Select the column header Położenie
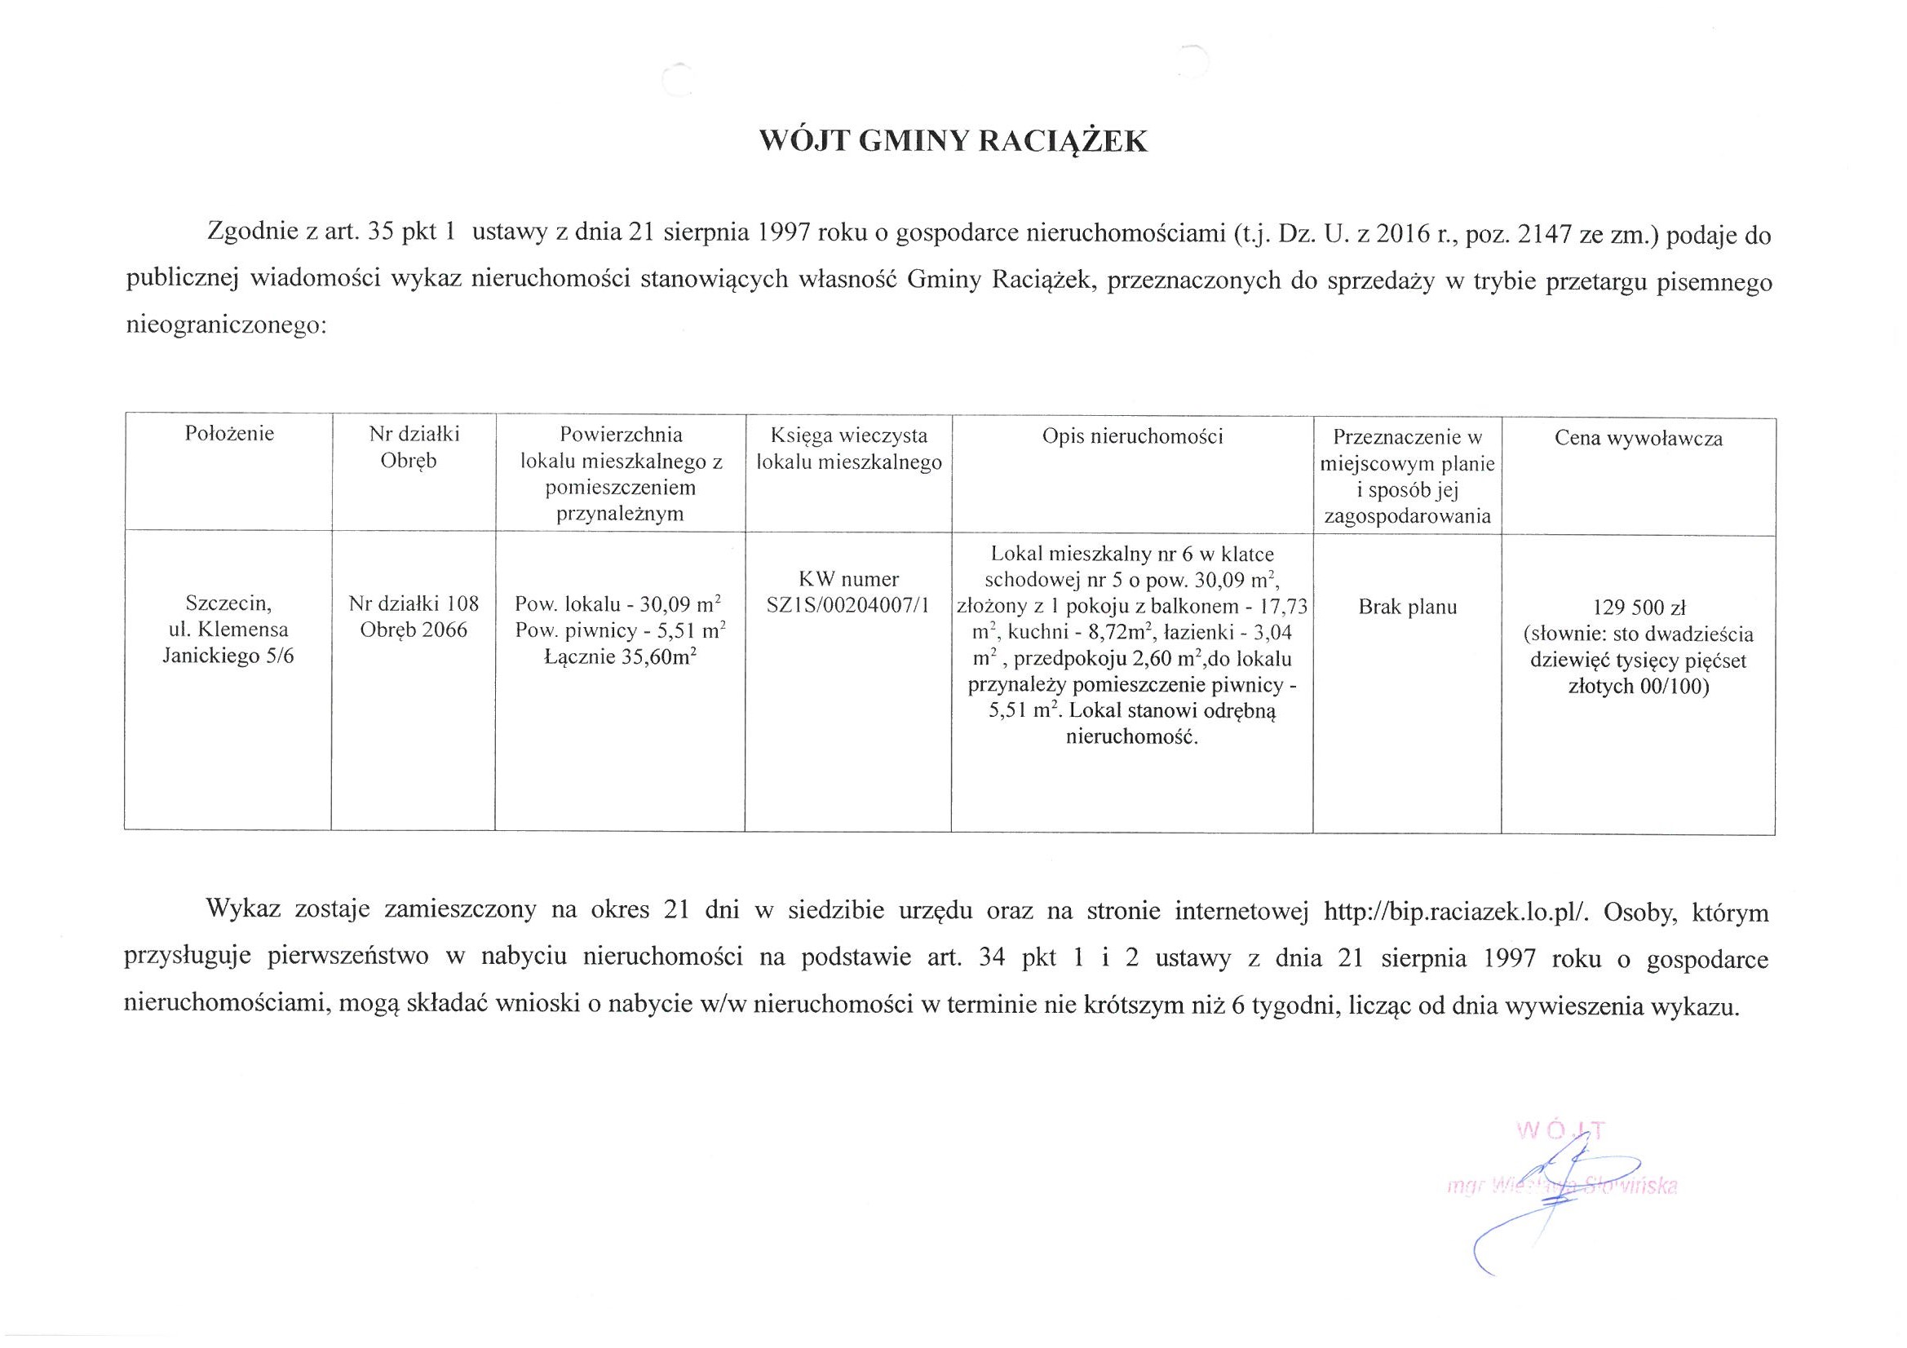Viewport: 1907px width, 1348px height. [229, 433]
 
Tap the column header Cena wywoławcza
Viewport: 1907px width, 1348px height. [1638, 439]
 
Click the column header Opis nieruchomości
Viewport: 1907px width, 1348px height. [1132, 436]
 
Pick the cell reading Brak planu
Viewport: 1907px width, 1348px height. [1407, 608]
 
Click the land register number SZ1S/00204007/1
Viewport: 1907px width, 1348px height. [848, 605]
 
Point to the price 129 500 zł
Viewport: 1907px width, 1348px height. [1639, 608]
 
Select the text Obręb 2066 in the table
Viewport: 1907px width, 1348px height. [414, 630]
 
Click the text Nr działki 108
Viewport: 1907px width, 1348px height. [414, 604]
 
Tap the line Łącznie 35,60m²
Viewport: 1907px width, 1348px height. [620, 657]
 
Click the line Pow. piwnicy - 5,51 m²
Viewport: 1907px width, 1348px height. [620, 630]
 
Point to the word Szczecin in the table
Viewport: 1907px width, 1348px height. [228, 600]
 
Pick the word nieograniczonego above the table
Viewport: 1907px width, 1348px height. [227, 325]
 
